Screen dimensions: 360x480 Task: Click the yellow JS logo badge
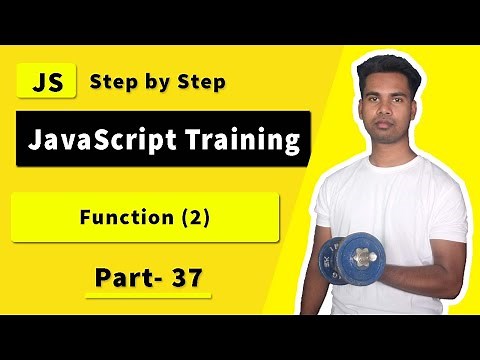[47, 82]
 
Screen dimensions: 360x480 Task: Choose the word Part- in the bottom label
[120, 277]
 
